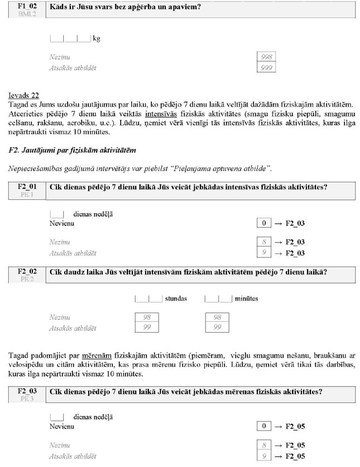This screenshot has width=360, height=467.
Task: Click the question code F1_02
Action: pos(27,5)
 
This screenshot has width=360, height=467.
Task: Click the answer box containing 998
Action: pos(267,57)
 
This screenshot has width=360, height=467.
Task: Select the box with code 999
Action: pos(267,68)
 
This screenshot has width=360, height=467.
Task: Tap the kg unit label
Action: pos(96,39)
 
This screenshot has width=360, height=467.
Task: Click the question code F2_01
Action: pos(27,187)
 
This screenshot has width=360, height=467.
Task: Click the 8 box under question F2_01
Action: pos(263,243)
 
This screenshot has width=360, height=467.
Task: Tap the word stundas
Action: pos(176,299)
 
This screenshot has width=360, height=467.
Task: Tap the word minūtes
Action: pos(246,299)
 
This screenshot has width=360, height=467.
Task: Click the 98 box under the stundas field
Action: pos(147,317)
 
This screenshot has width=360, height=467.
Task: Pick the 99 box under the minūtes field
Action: pos(217,328)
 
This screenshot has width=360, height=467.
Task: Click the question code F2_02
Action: pos(27,271)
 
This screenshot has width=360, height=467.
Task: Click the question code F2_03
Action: pos(27,391)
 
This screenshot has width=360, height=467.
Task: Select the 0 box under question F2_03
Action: pos(263,427)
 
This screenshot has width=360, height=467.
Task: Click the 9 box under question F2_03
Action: pos(263,456)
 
